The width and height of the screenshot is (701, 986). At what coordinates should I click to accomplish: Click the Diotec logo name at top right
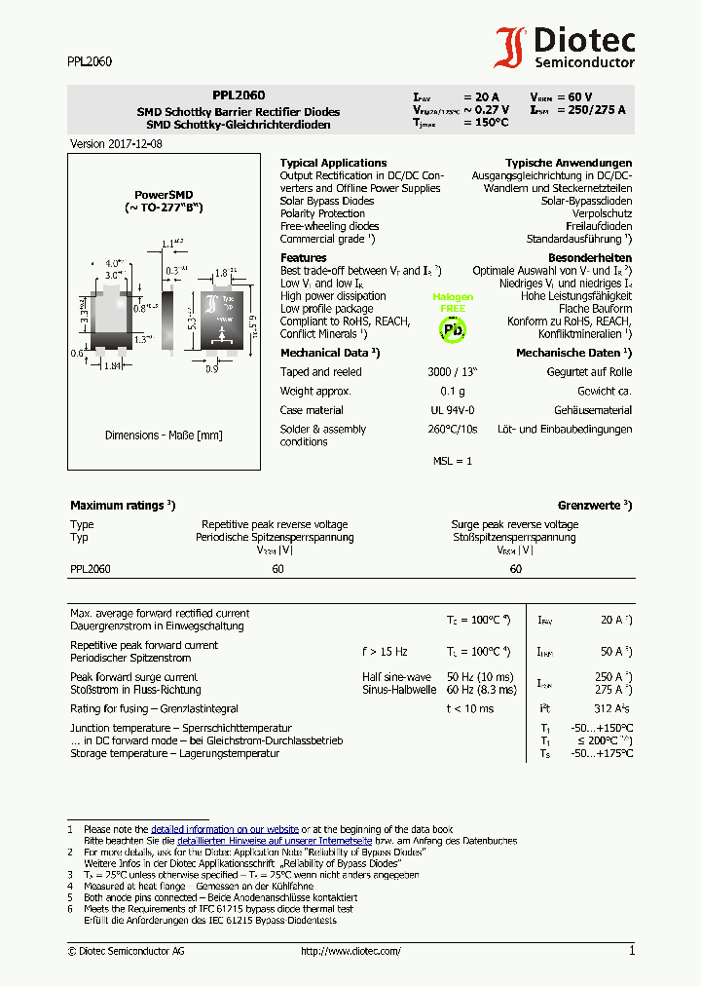click(x=584, y=41)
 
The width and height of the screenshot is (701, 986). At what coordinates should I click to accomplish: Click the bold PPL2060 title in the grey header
click(x=239, y=96)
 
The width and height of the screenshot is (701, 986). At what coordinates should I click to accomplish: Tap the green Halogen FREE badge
click(x=453, y=302)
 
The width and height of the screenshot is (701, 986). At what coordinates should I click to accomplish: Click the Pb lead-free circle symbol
click(x=453, y=329)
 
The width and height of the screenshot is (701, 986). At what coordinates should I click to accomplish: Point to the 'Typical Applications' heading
click(x=333, y=163)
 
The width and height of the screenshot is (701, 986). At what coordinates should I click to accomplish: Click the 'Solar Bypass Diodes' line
click(x=327, y=201)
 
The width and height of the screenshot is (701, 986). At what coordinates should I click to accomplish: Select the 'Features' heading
click(x=303, y=258)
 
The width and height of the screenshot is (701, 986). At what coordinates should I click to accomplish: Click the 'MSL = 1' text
click(x=453, y=461)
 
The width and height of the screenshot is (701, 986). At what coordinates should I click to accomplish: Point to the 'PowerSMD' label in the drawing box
click(x=164, y=195)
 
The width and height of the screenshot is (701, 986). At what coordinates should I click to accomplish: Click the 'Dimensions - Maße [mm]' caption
click(x=164, y=436)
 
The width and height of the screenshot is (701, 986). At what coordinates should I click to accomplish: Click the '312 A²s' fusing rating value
click(x=612, y=708)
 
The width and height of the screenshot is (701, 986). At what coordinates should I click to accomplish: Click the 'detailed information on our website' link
click(x=225, y=829)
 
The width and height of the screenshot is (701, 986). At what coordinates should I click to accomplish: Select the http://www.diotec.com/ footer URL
click(x=350, y=951)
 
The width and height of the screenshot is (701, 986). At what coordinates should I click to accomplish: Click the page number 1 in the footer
click(x=631, y=950)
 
